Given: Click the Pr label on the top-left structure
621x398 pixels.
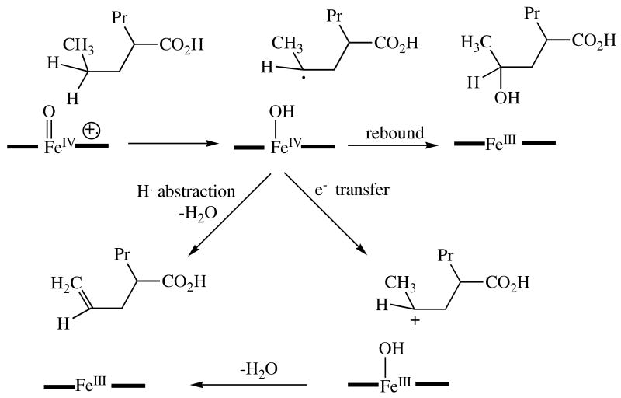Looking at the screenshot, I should tap(113, 13).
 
